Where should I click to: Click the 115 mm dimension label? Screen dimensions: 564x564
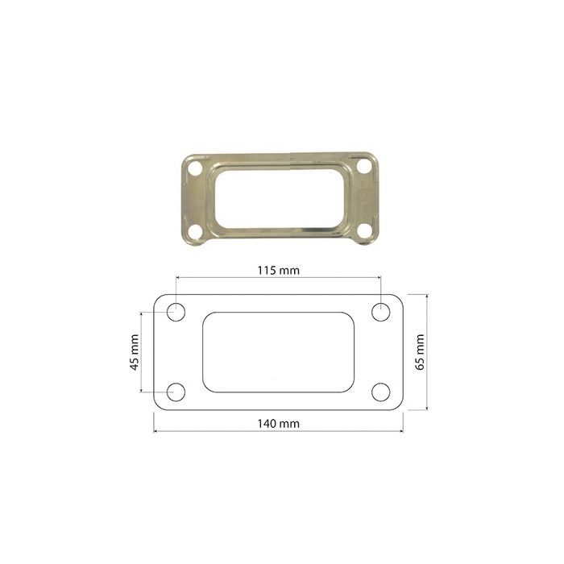coord(279,271)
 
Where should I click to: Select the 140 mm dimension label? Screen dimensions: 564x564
coord(279,424)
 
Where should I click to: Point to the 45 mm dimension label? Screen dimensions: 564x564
coord(135,352)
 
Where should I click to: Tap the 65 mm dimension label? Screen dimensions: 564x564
coord(420,352)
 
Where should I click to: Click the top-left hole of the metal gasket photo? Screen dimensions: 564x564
coord(195,168)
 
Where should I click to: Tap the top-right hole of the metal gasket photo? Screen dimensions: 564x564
coord(363,167)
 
